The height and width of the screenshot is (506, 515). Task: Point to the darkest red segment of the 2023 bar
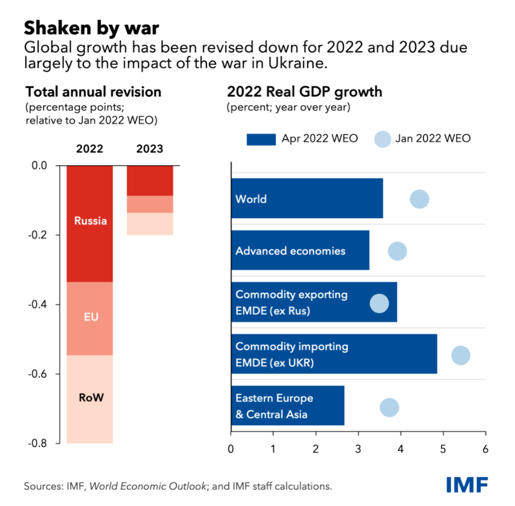[x=149, y=180]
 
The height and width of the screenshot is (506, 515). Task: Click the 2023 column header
[x=149, y=149]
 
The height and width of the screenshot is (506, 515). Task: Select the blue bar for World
[x=306, y=198]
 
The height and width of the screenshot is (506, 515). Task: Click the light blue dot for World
[x=419, y=199]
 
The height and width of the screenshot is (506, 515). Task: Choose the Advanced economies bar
[x=300, y=250]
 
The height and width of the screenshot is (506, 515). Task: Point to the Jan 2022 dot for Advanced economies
[x=397, y=251]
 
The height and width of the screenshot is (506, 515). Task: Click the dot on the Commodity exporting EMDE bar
[x=379, y=303]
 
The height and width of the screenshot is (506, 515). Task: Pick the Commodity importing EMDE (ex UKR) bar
[x=334, y=354]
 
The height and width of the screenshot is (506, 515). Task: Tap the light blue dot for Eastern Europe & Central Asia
[x=390, y=407]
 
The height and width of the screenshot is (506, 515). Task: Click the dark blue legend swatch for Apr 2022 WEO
[x=261, y=139]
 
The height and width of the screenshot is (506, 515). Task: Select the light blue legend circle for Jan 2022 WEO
[x=383, y=139]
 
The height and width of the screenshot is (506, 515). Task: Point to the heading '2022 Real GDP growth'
[x=304, y=92]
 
